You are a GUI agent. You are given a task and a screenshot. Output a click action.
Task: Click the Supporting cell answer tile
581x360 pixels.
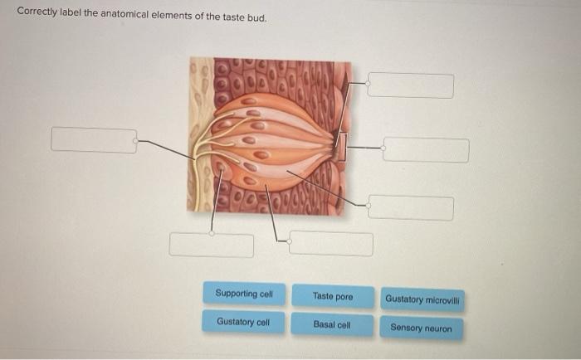[x=244, y=294]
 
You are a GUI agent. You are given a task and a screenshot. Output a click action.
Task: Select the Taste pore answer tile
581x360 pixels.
[x=333, y=296]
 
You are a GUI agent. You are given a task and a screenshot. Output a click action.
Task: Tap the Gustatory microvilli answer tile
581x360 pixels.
[x=422, y=299]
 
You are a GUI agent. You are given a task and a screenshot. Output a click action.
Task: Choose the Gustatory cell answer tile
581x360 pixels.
[x=243, y=322]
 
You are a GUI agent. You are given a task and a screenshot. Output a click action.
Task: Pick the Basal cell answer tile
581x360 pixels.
[x=332, y=324]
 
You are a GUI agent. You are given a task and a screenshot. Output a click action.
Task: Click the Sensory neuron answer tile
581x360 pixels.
[x=422, y=328]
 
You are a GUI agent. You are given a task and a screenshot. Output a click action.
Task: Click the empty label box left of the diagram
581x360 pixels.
[x=94, y=140]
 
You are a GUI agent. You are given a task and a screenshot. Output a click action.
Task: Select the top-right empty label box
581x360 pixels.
[x=411, y=85]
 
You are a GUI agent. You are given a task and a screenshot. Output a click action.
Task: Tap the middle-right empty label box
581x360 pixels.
[x=426, y=150]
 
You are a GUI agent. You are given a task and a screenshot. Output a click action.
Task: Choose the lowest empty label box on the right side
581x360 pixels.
[x=411, y=207]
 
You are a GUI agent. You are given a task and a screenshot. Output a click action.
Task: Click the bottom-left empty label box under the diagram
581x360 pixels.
[x=212, y=246]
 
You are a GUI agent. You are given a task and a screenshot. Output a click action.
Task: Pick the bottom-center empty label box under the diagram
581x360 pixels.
[x=331, y=243]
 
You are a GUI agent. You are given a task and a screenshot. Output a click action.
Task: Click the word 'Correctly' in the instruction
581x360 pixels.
[x=37, y=12]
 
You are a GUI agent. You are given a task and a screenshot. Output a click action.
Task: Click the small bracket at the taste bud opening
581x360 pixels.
[x=342, y=147]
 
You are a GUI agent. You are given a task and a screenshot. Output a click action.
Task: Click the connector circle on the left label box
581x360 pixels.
[x=135, y=141]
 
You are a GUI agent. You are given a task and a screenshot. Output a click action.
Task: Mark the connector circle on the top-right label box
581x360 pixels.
[x=368, y=84]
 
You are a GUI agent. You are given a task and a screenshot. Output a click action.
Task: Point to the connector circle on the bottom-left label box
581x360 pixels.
[x=212, y=233]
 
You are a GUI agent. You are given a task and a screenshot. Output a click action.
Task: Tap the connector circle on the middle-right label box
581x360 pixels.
[x=383, y=148]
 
